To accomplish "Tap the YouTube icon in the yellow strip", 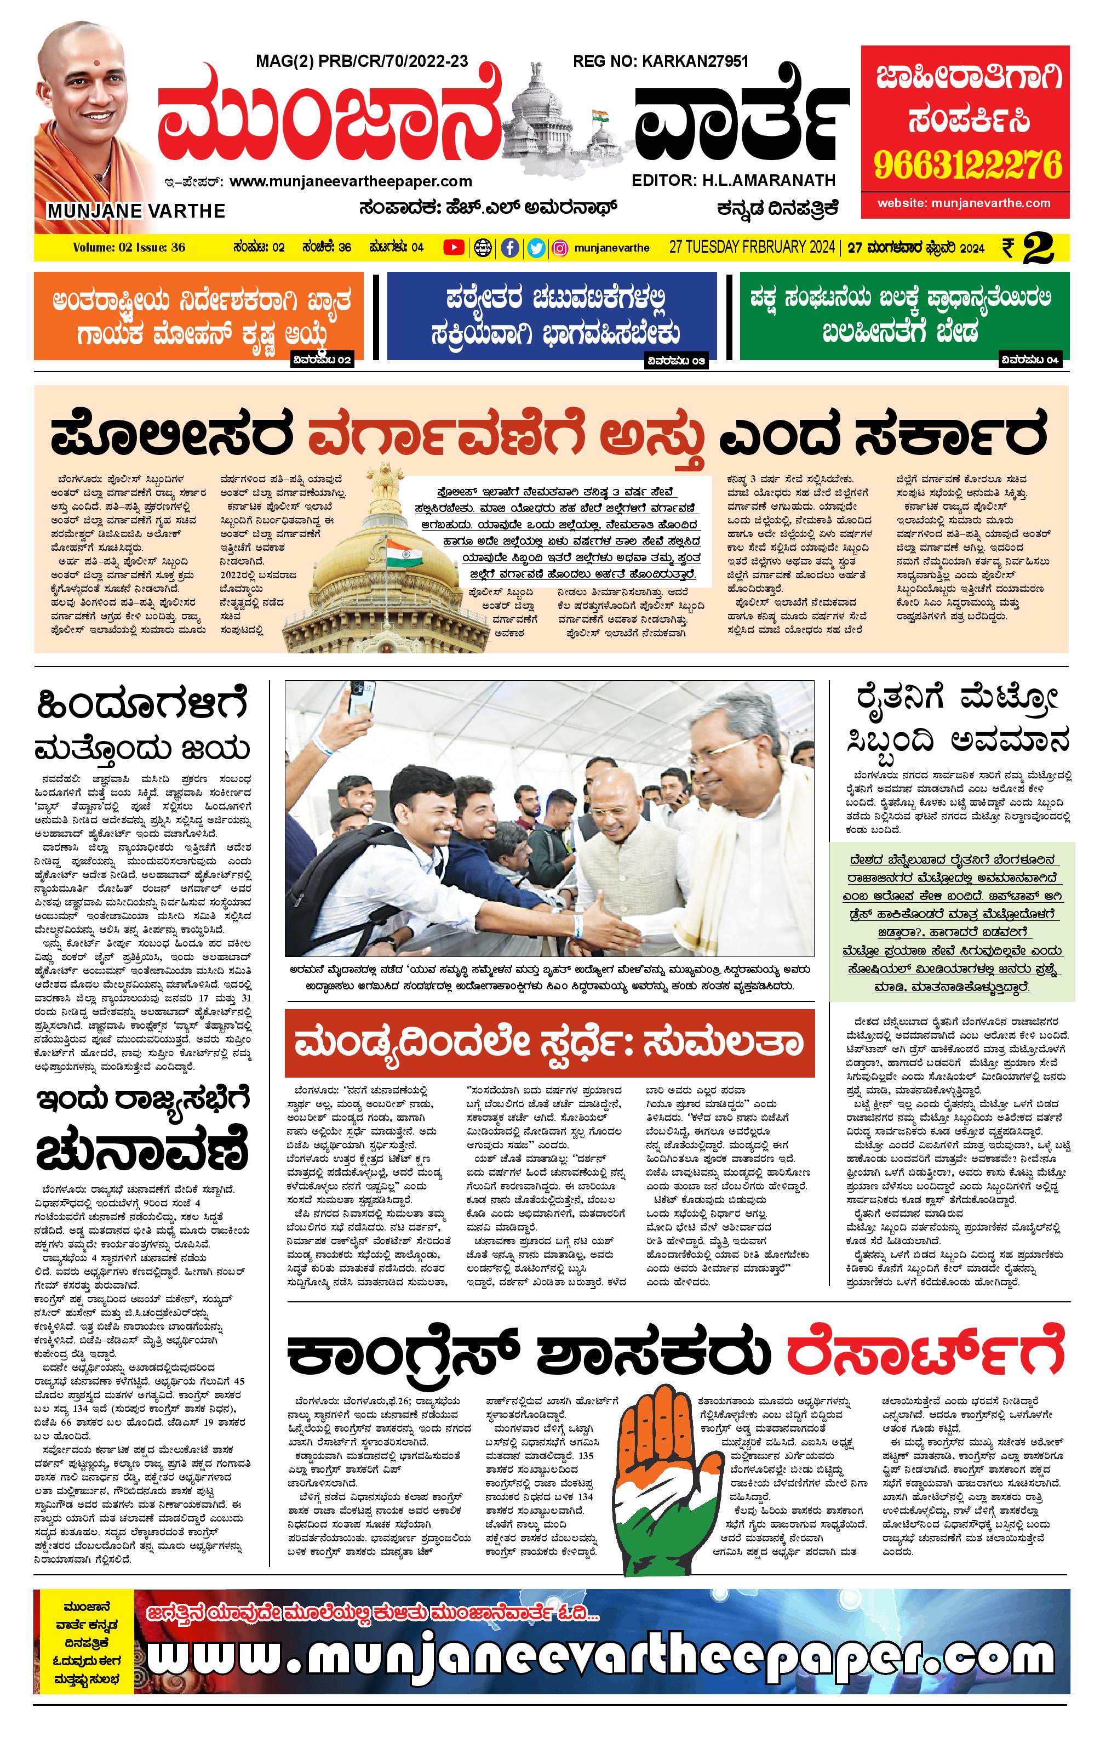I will (454, 248).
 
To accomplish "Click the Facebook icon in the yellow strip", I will (511, 248).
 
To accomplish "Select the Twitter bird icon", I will (536, 248).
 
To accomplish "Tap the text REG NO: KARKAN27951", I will (660, 62).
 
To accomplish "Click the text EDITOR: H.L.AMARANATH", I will (734, 180).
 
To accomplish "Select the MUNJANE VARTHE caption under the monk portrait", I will (136, 211).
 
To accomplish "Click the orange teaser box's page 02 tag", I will (322, 360).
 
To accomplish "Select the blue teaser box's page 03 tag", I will (675, 361).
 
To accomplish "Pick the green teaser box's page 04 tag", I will (1030, 360).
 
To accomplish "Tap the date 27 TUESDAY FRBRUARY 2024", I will (752, 248).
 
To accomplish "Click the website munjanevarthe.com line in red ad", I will (964, 203).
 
